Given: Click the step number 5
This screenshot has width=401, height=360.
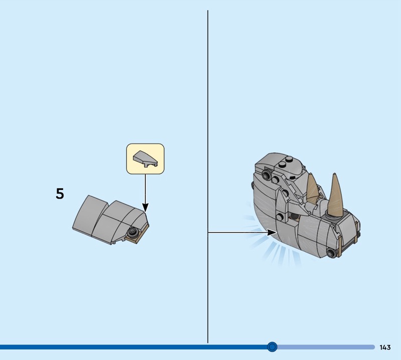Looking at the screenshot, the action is click(60, 194).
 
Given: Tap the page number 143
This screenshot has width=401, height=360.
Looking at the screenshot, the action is click(385, 347).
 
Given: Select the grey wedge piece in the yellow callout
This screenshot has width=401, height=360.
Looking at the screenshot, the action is click(145, 159).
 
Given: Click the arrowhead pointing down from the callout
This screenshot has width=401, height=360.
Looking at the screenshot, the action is click(145, 208).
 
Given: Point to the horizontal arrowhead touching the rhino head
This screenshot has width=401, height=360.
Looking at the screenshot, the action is click(272, 232).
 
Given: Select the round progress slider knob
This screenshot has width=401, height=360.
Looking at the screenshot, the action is click(272, 347).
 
